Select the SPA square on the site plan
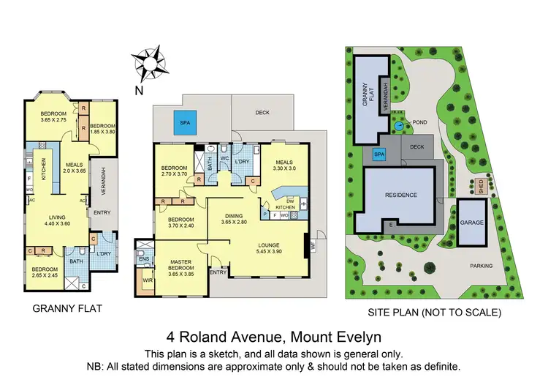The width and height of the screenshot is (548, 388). click(x=378, y=154)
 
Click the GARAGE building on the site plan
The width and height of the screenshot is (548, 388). click(x=471, y=222)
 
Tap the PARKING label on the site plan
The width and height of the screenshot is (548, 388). click(x=481, y=266)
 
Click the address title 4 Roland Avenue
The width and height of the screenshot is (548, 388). click(x=273, y=337)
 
